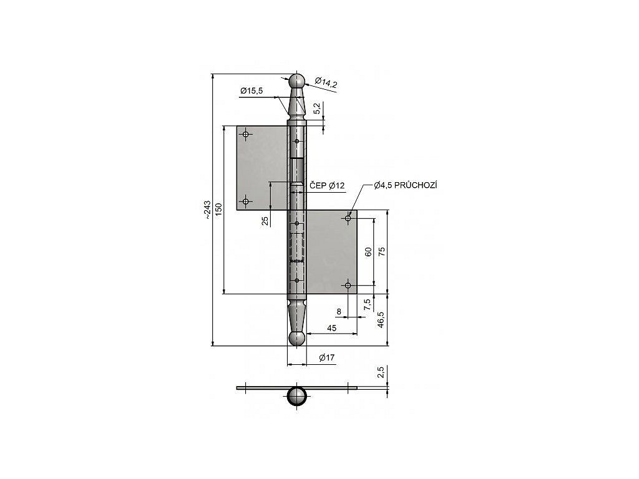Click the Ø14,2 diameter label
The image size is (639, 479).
326,83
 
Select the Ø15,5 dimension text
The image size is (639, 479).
251,91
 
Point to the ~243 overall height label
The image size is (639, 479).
207,210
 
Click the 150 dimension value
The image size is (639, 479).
219,210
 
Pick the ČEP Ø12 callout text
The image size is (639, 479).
327,186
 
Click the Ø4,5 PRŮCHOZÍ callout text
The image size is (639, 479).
406,186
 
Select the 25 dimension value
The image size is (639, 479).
265,221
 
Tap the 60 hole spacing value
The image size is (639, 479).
368,252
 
